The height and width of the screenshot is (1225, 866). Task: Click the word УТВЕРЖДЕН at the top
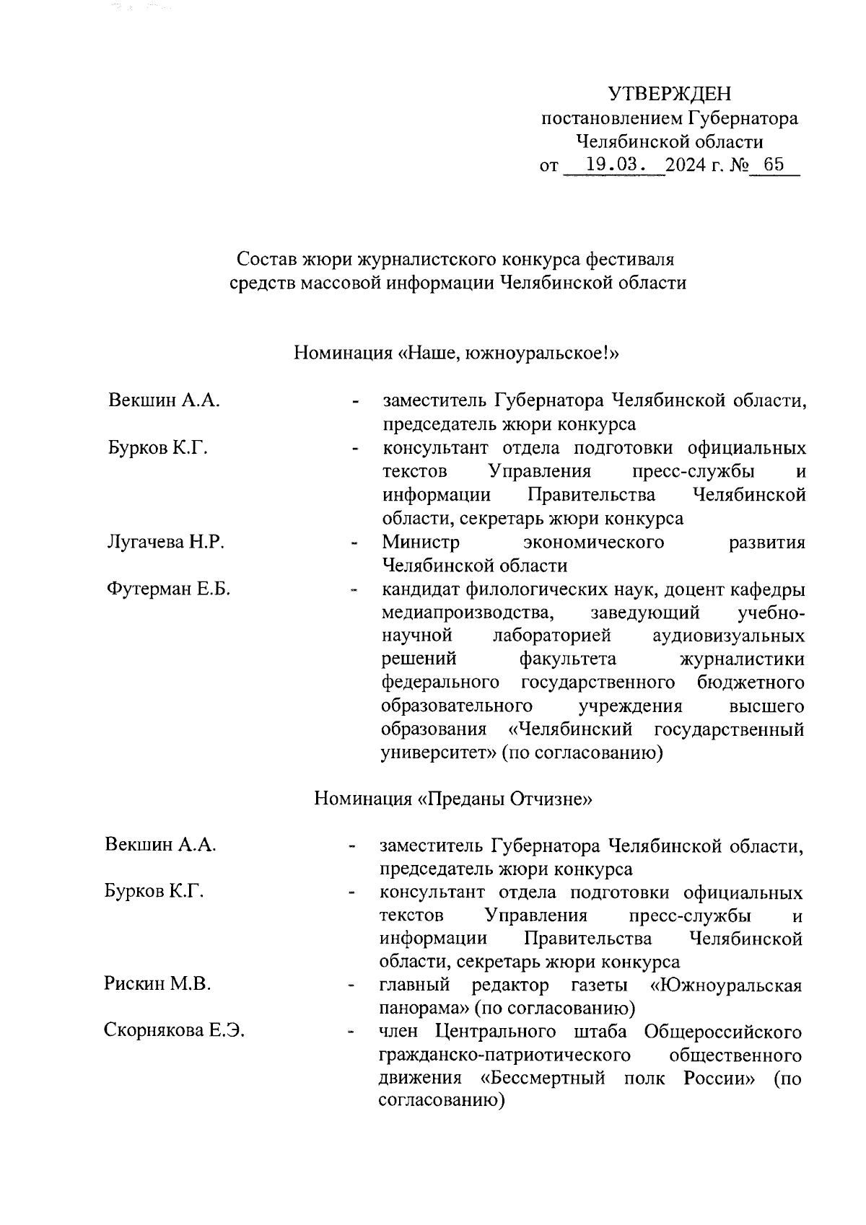click(669, 94)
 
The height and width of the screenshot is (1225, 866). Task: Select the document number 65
click(773, 164)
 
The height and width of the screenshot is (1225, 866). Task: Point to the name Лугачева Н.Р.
click(165, 543)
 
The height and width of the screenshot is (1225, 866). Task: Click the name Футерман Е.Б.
click(168, 589)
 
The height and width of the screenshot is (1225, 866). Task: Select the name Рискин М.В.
click(157, 984)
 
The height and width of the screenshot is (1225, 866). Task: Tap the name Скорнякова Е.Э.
click(174, 1031)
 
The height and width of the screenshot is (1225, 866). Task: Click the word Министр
click(420, 543)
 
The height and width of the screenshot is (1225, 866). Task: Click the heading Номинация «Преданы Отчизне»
click(453, 799)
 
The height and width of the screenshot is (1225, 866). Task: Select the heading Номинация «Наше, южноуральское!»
click(457, 354)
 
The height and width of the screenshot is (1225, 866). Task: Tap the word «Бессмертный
click(543, 1079)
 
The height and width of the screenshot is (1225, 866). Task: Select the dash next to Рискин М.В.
click(351, 985)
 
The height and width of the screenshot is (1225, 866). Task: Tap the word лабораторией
click(552, 636)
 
